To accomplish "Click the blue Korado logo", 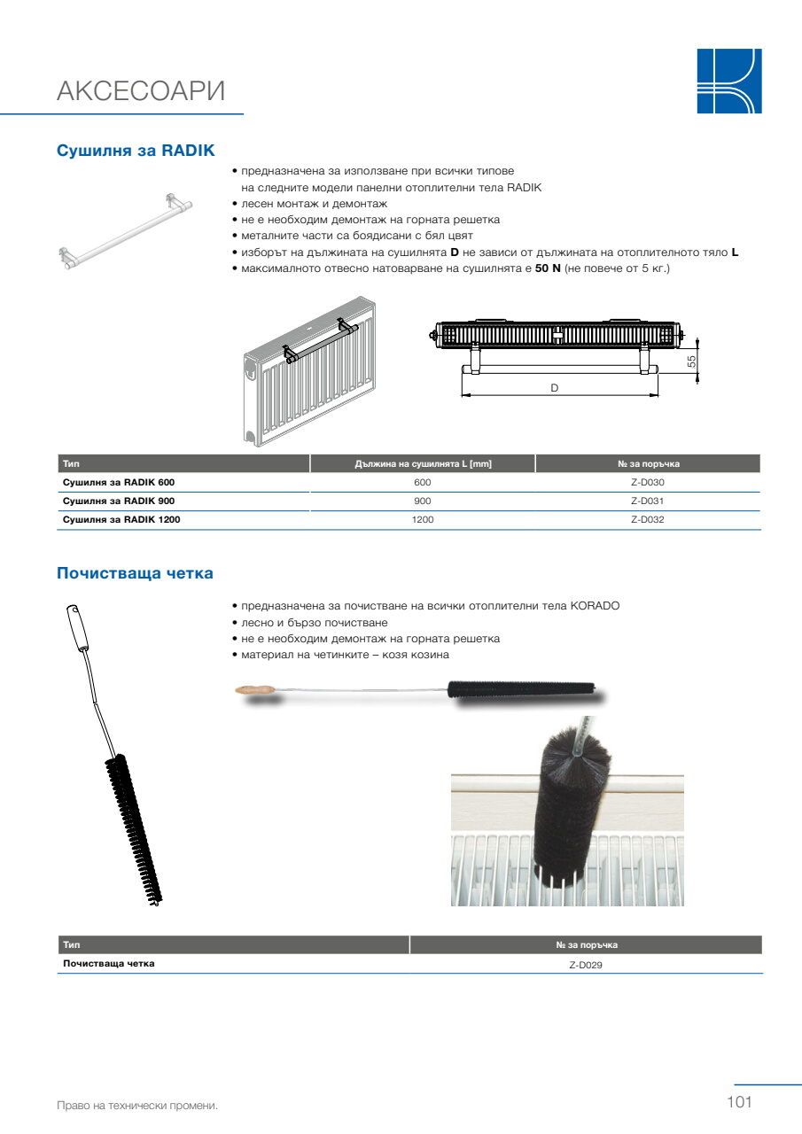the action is (729, 81).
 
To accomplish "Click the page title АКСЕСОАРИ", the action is (141, 91).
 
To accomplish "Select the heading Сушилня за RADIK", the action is (136, 151).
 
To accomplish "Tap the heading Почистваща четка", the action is (136, 573).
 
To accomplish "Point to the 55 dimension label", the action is (691, 361).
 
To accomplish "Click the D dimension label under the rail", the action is (555, 388).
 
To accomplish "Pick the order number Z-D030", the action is (648, 483).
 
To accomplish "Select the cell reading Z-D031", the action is (648, 501).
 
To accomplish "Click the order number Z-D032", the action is (648, 519).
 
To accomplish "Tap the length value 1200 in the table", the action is (423, 519).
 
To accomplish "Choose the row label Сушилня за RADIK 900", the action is (119, 501).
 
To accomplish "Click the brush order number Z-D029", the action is (586, 965).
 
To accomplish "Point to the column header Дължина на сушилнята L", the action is (423, 463).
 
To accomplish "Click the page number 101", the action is (739, 1101).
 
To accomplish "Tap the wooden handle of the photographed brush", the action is (255, 689).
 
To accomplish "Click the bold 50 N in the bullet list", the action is (548, 268).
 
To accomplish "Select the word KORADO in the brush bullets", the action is (595, 606).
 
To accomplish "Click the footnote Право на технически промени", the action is (137, 1106).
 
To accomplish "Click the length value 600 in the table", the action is (423, 483).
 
